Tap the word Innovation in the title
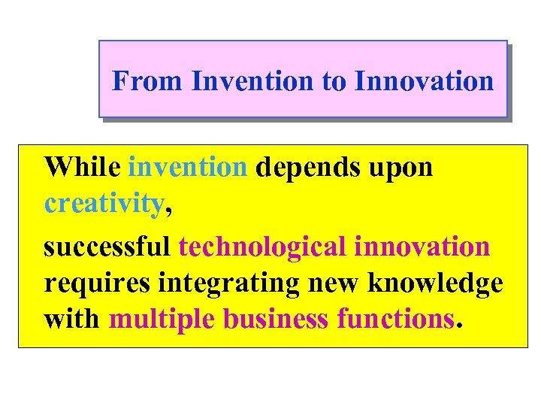[x=425, y=80]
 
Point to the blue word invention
[x=188, y=166]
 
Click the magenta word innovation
[x=422, y=246]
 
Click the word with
[x=72, y=319]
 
